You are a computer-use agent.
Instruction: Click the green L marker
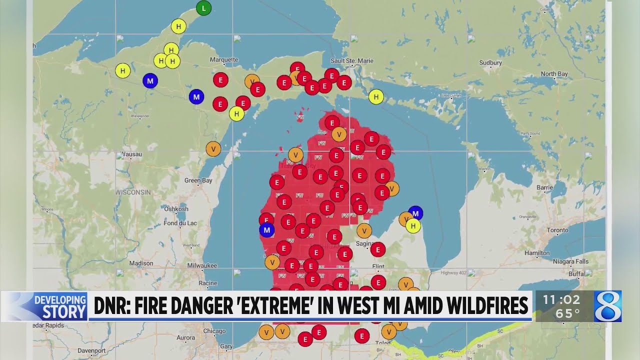(x=203, y=8)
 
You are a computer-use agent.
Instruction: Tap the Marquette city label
(x=224, y=59)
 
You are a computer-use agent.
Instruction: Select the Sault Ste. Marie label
(x=352, y=61)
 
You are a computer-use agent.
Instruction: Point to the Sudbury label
(x=490, y=63)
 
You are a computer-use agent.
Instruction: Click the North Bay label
(x=554, y=74)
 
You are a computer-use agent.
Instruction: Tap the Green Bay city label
(x=198, y=180)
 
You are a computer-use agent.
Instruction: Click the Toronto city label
(x=557, y=230)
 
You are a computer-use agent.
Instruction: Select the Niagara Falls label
(x=570, y=261)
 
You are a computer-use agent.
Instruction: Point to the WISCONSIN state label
(x=133, y=192)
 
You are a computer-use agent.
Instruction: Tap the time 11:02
(x=561, y=300)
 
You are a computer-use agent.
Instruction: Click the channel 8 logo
(x=607, y=306)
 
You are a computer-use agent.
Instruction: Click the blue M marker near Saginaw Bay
(x=415, y=213)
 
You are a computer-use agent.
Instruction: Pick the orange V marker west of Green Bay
(x=213, y=148)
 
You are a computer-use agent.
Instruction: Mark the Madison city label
(x=141, y=263)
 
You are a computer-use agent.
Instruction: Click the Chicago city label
(x=214, y=331)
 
